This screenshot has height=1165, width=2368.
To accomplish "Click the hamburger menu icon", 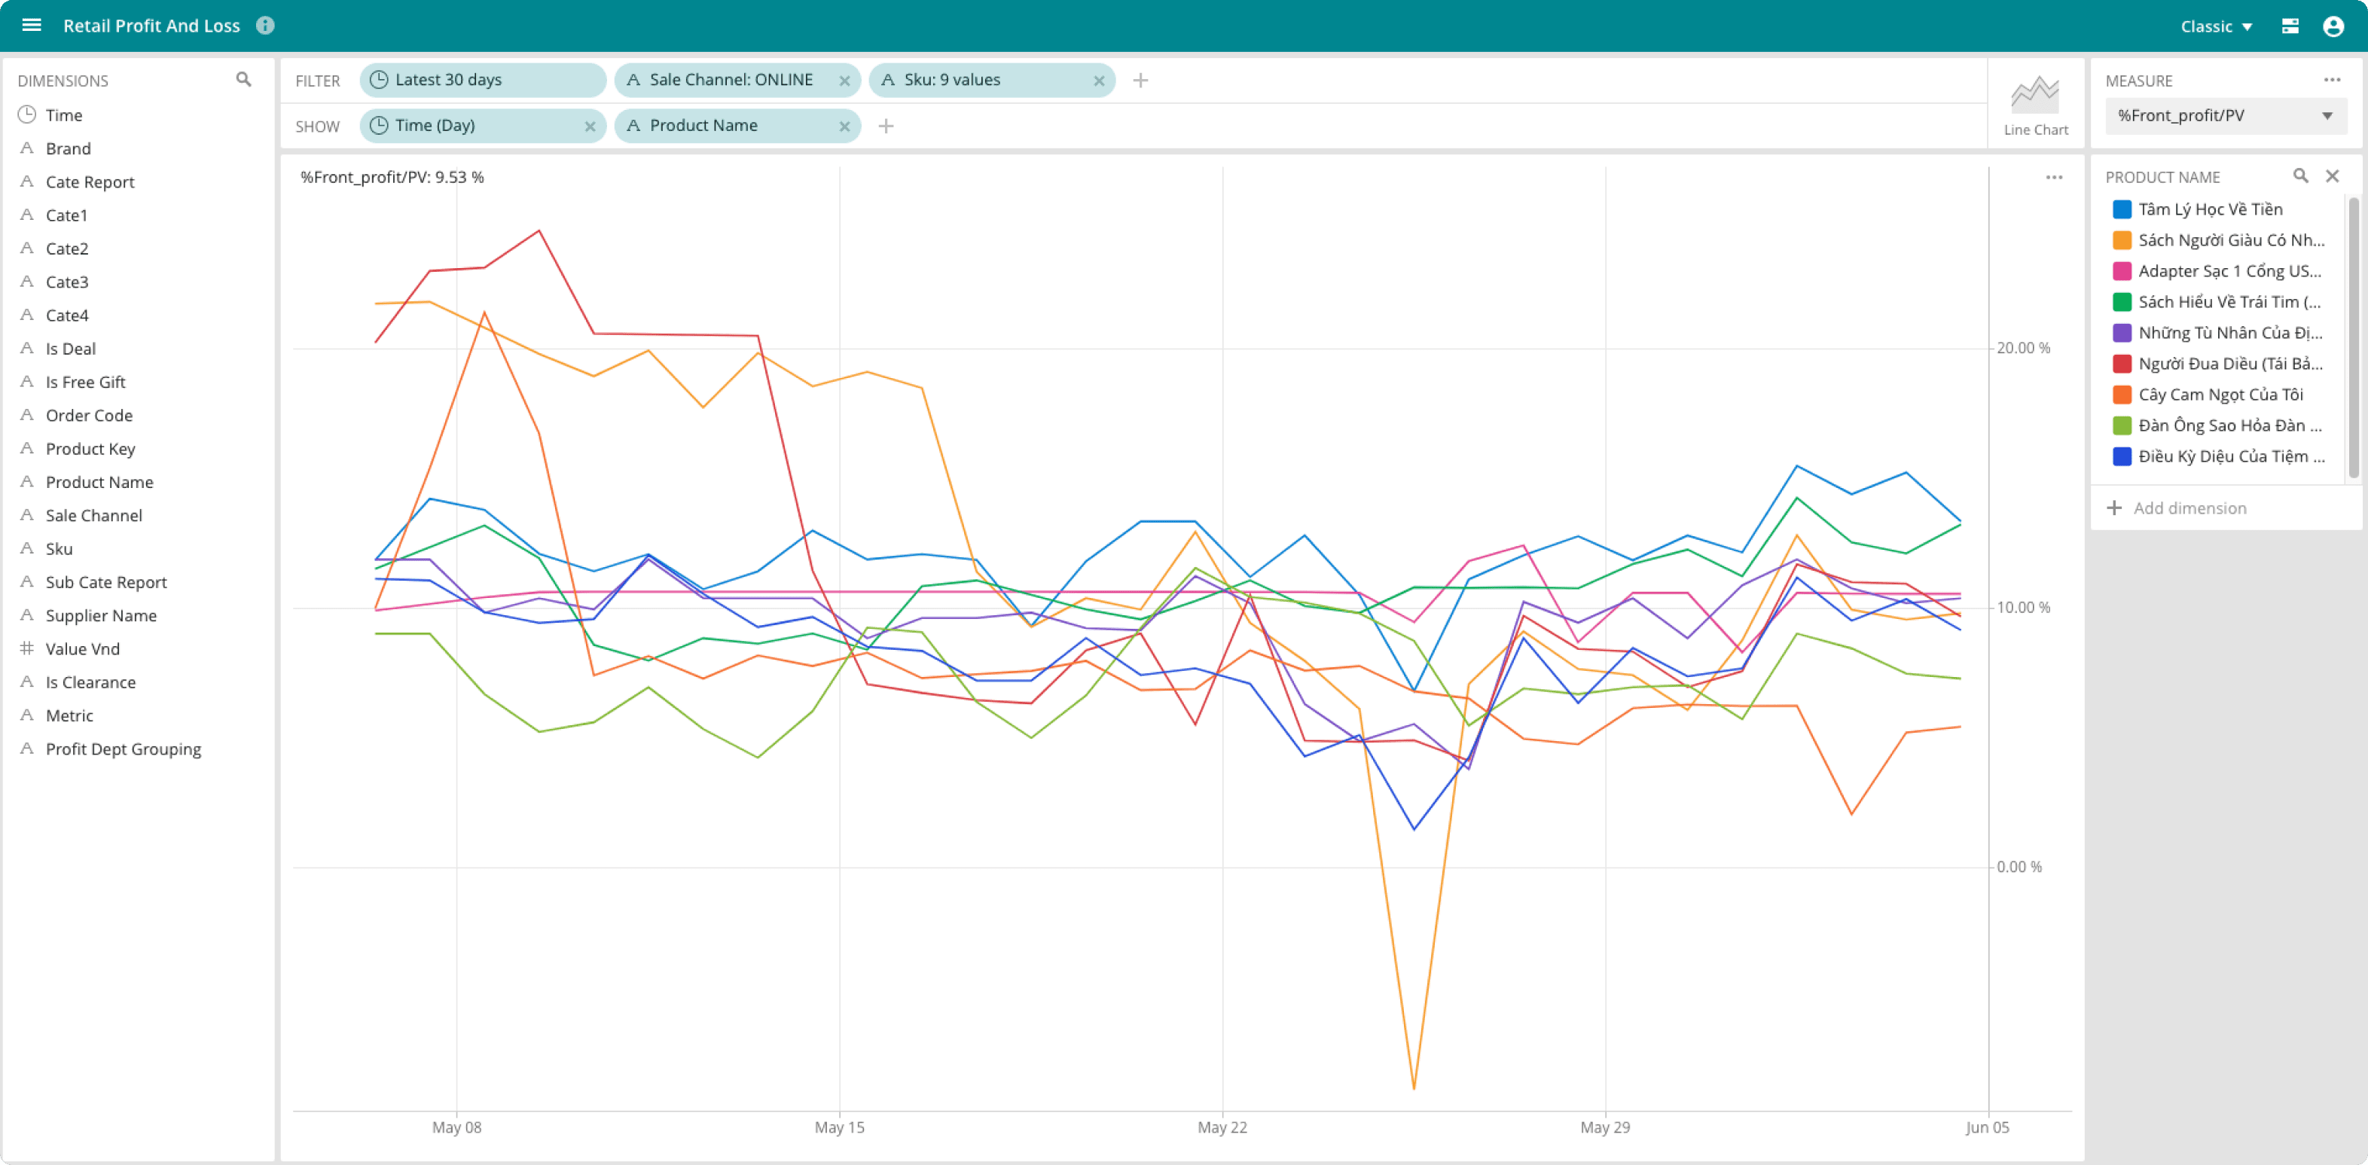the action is tap(31, 25).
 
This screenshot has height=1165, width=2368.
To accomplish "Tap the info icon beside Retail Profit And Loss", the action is tap(265, 26).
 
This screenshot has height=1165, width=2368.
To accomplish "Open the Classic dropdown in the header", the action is tap(2215, 26).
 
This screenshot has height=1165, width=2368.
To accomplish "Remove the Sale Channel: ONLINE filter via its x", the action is tap(844, 81).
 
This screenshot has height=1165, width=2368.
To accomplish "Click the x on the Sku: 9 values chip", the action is tap(1098, 81).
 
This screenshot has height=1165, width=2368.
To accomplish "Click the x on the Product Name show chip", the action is tap(844, 127).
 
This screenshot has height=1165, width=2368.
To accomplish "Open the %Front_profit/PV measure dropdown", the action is tap(2226, 116).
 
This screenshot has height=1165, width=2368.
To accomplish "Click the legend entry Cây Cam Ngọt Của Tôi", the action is tap(2220, 394).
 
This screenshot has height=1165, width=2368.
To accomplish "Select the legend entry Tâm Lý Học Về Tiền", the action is tap(2210, 209).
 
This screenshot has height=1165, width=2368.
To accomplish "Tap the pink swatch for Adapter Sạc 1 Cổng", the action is tap(2122, 271).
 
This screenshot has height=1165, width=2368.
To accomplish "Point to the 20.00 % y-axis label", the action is tap(2023, 348).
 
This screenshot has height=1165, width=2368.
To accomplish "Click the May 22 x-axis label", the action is tap(1222, 1127).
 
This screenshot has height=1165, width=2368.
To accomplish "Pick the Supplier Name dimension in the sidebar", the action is tap(101, 615).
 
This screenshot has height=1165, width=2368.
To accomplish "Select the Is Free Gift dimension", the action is tap(86, 383).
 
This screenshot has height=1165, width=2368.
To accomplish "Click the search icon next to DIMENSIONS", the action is tap(243, 80).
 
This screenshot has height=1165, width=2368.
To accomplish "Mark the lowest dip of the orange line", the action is tap(1413, 1089).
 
